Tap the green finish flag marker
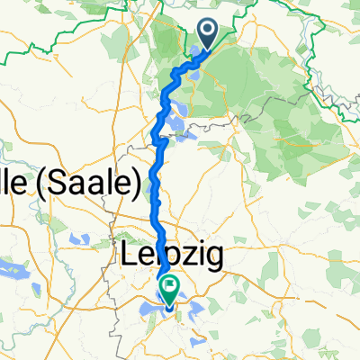[169, 288]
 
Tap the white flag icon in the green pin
[169, 286]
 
